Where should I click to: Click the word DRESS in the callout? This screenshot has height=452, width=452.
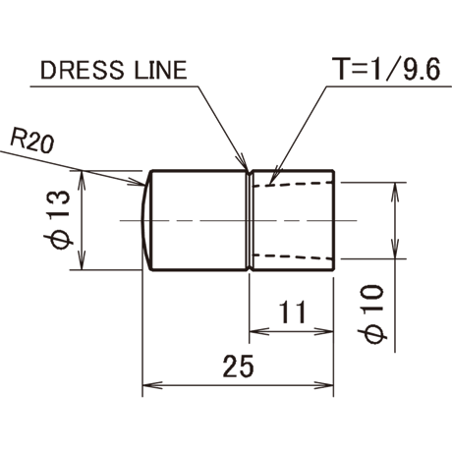tap(83, 70)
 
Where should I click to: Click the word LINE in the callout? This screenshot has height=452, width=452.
tap(160, 70)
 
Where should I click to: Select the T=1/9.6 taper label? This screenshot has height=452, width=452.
tap(386, 68)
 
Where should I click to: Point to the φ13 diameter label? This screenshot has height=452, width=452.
tap(58, 220)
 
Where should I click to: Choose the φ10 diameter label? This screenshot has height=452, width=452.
tap(372, 314)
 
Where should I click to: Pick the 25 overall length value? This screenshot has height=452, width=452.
tap(239, 366)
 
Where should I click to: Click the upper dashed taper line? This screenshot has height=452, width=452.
tap(294, 184)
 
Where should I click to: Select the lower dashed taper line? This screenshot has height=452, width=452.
tap(294, 256)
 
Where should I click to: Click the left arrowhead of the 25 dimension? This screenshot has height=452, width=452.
tap(152, 385)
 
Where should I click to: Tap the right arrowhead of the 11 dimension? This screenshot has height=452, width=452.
tap(323, 331)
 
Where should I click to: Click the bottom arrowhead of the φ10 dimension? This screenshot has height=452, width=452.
tap(395, 249)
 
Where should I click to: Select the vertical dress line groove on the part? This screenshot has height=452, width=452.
tap(250, 220)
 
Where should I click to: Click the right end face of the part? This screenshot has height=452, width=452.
tap(333, 220)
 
